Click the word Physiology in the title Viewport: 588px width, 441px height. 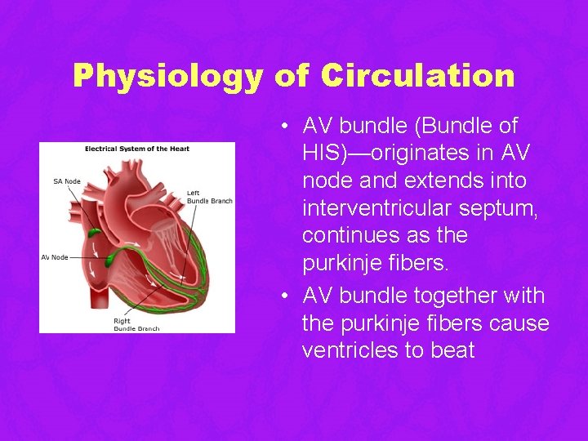click(x=167, y=76)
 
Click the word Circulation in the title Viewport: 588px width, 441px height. click(x=417, y=76)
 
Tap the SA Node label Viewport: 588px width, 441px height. click(x=67, y=180)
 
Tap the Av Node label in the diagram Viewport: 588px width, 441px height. click(x=55, y=257)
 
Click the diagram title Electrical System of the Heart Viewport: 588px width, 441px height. click(x=137, y=149)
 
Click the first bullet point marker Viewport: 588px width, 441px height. click(x=280, y=127)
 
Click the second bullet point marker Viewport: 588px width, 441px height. click(x=280, y=296)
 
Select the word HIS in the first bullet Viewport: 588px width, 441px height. click(x=326, y=153)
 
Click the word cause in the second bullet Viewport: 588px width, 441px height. click(x=521, y=323)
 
